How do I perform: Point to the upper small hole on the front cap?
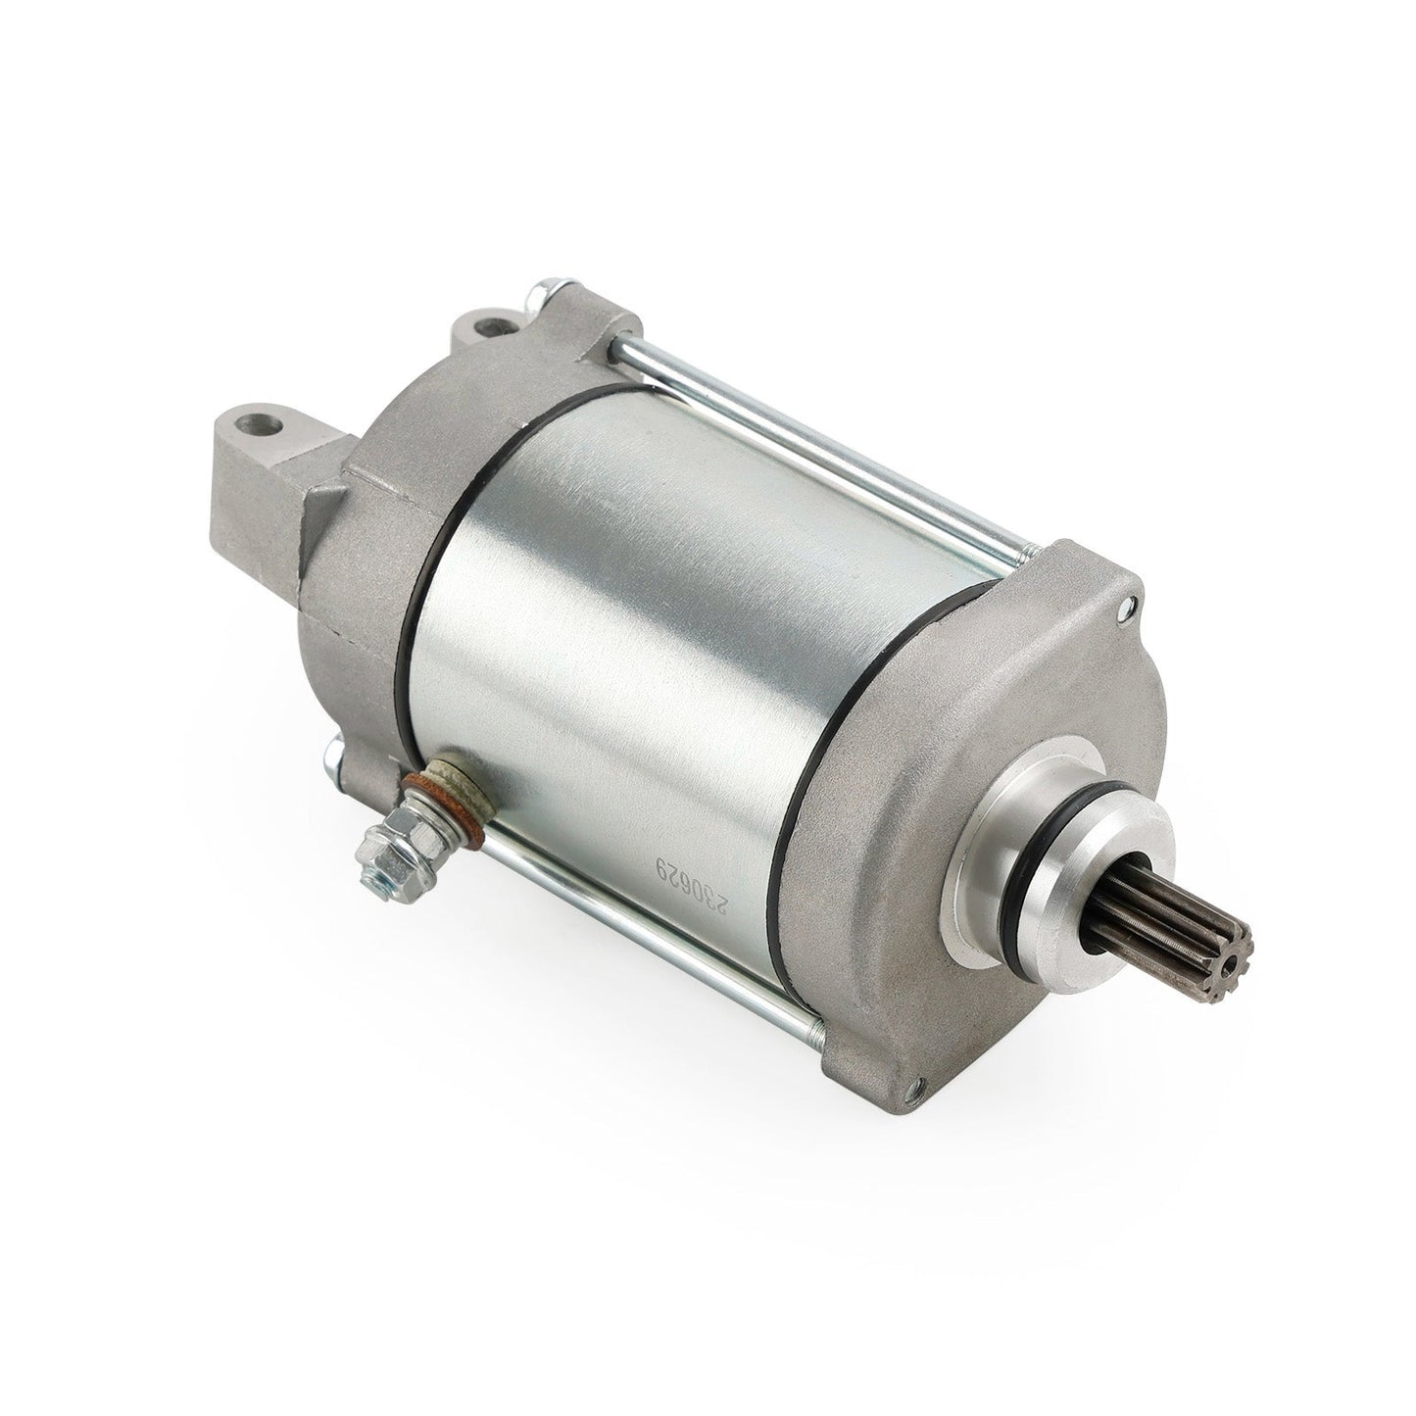coord(1123,609)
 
